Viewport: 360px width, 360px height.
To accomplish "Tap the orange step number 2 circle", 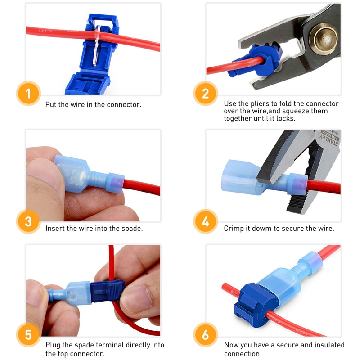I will tap(206, 94).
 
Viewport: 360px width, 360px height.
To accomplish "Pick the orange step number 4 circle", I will tap(206, 221).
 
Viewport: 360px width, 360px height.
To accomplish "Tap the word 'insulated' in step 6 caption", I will tap(329, 345).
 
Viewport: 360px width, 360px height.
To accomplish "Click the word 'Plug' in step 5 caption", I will tap(53, 345).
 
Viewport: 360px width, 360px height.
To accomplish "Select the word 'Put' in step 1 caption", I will tap(51, 104).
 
